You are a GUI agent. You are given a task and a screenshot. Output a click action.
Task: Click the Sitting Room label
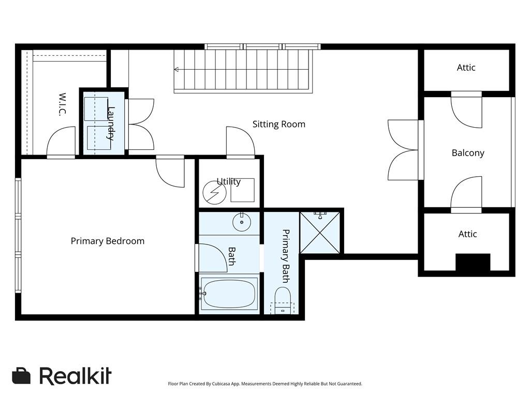coord(278,124)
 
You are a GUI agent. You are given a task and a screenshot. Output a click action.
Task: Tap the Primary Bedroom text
coord(108,241)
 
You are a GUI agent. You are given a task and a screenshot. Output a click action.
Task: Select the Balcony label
coord(468,152)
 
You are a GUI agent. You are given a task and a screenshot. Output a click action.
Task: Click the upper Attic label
coord(466,68)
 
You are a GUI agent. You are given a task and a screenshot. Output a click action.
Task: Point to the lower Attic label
coord(467,234)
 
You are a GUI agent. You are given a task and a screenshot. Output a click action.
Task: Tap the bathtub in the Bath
coord(229,293)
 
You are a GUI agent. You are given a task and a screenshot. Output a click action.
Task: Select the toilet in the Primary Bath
coord(282,299)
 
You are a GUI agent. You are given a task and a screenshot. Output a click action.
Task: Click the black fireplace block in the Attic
coord(473,262)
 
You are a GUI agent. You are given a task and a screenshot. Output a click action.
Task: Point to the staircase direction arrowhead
coord(176,69)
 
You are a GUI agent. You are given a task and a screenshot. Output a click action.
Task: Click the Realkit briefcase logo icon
coord(21,376)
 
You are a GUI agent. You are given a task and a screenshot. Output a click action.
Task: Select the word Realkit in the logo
coord(75,376)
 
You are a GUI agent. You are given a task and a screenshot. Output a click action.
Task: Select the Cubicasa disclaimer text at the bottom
coord(265,384)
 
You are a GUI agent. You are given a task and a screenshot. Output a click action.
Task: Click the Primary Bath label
coord(285,255)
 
